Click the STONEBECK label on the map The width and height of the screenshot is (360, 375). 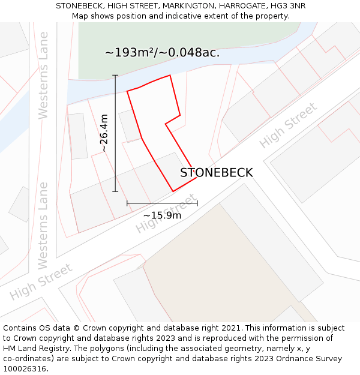[216, 173]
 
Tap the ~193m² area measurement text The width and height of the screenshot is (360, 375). [162, 53]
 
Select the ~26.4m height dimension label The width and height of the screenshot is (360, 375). [104, 133]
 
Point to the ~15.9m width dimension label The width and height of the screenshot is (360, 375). [162, 215]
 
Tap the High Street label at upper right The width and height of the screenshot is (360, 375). [288, 126]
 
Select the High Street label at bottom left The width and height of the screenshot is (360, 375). [41, 281]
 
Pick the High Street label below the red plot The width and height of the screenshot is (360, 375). [166, 214]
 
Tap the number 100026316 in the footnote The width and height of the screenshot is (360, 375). [24, 368]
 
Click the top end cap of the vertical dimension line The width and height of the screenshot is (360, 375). [115, 76]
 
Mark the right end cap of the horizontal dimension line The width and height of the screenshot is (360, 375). [197, 203]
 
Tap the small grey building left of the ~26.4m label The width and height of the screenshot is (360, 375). [77, 136]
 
